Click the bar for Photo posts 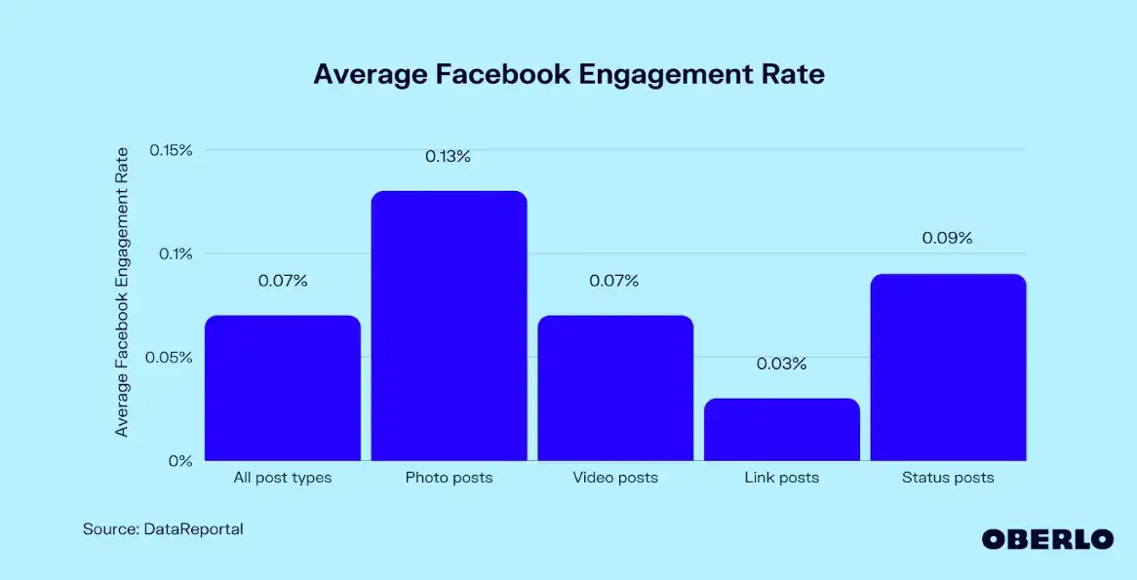449,326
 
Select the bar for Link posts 781,429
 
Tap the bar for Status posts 947,367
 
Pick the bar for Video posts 615,388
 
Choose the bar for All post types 283,388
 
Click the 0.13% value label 449,156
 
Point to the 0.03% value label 781,364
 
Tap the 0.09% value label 947,238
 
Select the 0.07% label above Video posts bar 614,281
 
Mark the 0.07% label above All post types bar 283,281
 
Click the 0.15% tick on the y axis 171,150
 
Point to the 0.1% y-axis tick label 176,253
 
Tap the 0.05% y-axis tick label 171,357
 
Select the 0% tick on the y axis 179,460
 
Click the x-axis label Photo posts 449,478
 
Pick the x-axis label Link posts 781,478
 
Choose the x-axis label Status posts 947,478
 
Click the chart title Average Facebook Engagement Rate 568,75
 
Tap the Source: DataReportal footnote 163,529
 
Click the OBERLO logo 1046,539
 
